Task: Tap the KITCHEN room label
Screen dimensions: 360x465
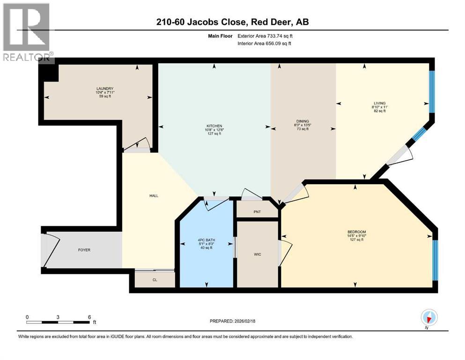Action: click(214, 126)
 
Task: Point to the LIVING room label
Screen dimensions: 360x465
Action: click(379, 103)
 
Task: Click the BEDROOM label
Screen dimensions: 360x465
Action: click(356, 232)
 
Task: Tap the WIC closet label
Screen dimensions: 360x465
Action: click(257, 254)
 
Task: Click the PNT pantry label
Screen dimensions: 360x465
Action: click(257, 212)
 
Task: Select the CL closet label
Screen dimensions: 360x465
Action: click(154, 279)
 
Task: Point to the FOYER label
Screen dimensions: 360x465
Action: click(84, 250)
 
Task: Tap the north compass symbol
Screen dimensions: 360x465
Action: click(428, 317)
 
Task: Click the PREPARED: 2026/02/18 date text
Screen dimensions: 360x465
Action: click(233, 321)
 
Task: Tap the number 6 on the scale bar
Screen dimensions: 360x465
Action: click(89, 316)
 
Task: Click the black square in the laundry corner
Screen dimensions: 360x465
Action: click(48, 73)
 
